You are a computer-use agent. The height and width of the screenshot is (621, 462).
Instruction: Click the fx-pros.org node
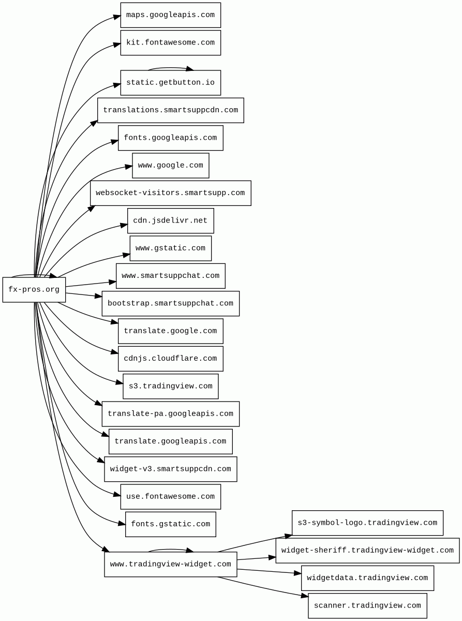click(34, 289)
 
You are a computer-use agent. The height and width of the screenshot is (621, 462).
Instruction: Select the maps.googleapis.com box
click(171, 15)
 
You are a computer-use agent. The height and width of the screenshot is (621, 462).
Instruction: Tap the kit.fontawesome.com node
click(171, 42)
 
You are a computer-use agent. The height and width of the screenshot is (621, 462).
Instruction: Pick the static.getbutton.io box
click(171, 83)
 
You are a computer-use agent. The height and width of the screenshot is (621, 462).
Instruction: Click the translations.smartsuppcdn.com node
click(171, 110)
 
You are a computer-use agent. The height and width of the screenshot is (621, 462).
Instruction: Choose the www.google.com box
click(171, 166)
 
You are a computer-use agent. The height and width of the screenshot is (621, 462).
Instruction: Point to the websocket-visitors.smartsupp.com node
click(171, 193)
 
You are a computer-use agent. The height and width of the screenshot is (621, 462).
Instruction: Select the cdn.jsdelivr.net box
click(171, 220)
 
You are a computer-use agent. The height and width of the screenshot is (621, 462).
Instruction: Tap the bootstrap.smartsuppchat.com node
click(171, 303)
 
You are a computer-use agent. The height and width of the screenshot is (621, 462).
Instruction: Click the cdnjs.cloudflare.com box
click(171, 359)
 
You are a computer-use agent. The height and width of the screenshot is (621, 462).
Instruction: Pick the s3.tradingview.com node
click(171, 387)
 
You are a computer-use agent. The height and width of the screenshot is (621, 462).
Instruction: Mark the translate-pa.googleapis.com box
click(171, 414)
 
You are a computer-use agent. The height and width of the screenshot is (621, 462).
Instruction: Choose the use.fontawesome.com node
click(171, 497)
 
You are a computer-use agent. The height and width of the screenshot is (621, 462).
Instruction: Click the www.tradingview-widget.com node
click(171, 565)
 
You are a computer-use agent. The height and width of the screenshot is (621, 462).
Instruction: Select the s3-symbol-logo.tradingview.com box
click(367, 523)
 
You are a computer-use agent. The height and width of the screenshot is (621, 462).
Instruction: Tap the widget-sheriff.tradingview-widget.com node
click(367, 551)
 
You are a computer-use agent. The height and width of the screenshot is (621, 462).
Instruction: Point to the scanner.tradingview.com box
click(367, 605)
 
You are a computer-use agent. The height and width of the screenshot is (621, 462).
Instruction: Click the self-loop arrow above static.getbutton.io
click(170, 68)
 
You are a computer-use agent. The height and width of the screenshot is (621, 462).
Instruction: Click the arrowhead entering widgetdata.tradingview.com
click(297, 573)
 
